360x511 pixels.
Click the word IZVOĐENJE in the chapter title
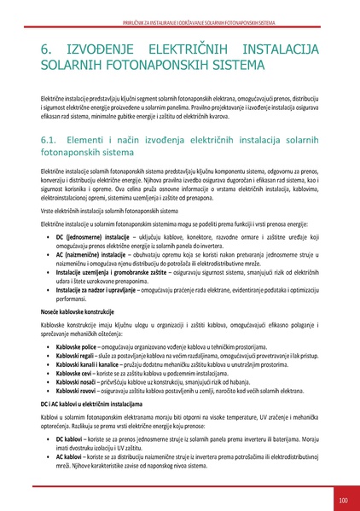coord(109,52)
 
